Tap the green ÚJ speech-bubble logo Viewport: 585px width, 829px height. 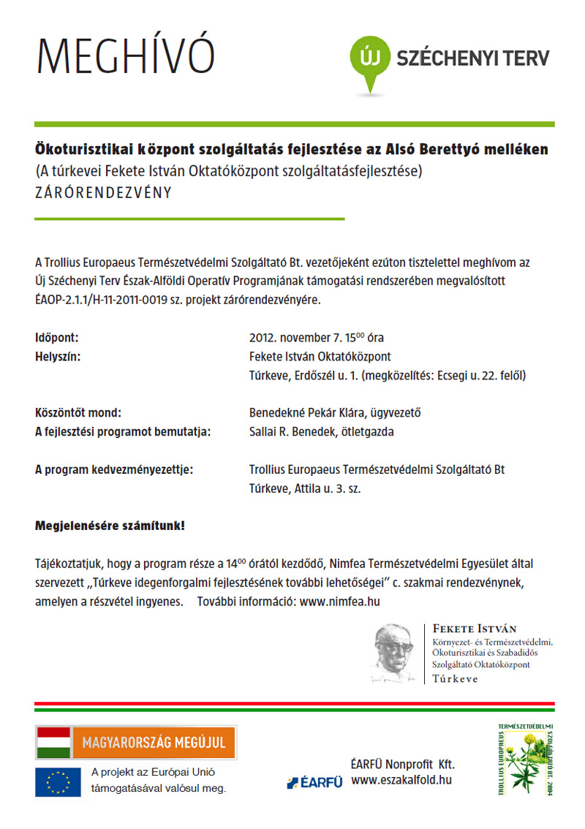[x=371, y=58]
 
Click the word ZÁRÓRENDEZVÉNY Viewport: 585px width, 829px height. [x=103, y=194]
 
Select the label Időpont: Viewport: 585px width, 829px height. [x=56, y=338]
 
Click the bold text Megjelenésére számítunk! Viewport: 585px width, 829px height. [x=110, y=526]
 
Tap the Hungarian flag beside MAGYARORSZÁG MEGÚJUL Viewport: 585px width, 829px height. [x=53, y=743]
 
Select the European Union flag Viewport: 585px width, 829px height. [x=58, y=782]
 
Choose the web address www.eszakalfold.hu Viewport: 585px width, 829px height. [x=401, y=780]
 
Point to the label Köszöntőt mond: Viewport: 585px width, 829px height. [x=79, y=413]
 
